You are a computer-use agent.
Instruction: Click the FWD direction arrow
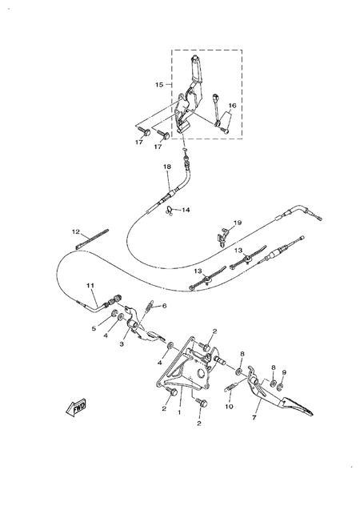(76, 407)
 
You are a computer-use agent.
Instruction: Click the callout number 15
(159, 85)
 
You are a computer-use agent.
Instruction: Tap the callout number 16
(232, 106)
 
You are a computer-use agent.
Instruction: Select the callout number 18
(167, 167)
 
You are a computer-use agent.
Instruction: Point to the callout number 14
(186, 210)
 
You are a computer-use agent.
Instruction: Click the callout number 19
(238, 223)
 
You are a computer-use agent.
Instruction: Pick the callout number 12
(76, 232)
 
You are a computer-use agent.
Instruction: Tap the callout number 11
(90, 285)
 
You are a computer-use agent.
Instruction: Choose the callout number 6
(165, 306)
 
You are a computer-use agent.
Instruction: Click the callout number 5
(94, 329)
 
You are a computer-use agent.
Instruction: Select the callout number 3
(122, 344)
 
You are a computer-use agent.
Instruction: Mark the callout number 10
(229, 407)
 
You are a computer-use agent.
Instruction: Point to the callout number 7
(254, 418)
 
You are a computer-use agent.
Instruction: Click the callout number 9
(284, 372)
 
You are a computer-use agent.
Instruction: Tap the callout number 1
(179, 412)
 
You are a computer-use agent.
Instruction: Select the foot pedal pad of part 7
(298, 406)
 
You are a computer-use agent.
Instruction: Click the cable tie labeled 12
(92, 239)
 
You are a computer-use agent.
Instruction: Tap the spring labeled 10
(232, 386)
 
